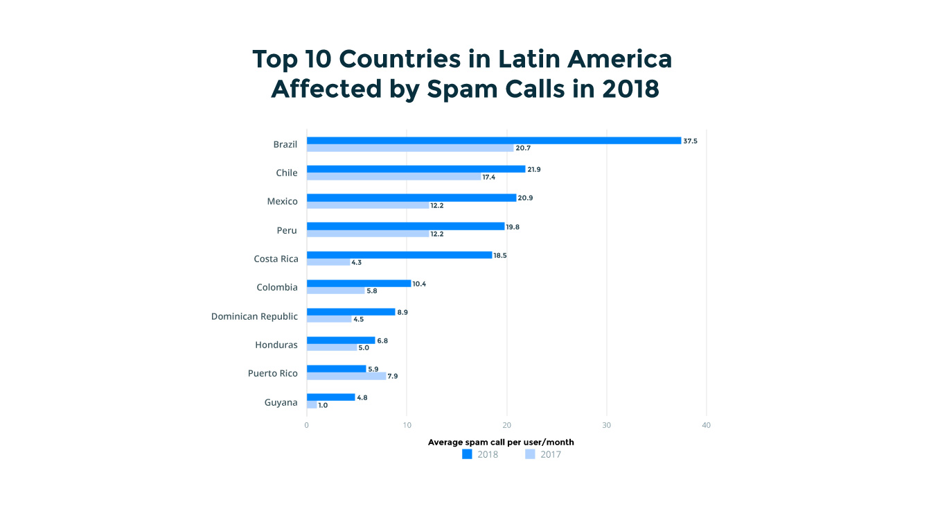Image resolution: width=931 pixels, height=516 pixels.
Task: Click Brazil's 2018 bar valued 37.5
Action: [494, 141]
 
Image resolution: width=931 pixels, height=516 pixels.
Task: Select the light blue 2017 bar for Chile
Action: [393, 177]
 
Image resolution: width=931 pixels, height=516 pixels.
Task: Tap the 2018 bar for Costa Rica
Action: [399, 255]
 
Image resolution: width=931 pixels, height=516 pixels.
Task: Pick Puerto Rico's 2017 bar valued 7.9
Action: [346, 376]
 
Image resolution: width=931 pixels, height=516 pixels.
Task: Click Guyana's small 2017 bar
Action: [312, 405]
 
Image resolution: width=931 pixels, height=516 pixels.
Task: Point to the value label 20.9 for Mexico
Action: [526, 198]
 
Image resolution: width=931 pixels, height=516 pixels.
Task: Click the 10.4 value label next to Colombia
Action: [419, 284]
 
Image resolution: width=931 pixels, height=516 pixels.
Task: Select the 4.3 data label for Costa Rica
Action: [357, 263]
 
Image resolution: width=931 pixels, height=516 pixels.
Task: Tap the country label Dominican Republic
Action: [254, 316]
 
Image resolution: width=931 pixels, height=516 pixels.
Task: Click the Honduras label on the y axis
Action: [276, 345]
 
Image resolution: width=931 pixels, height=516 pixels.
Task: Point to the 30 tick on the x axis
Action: [607, 425]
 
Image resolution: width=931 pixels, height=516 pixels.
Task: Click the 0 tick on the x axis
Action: [307, 425]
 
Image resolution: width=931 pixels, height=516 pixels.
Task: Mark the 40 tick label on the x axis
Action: [707, 425]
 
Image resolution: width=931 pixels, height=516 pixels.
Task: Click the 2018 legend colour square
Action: [467, 454]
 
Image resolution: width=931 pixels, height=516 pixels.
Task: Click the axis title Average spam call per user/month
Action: [501, 442]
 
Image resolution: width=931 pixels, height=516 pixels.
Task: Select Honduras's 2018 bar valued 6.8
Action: [341, 341]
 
